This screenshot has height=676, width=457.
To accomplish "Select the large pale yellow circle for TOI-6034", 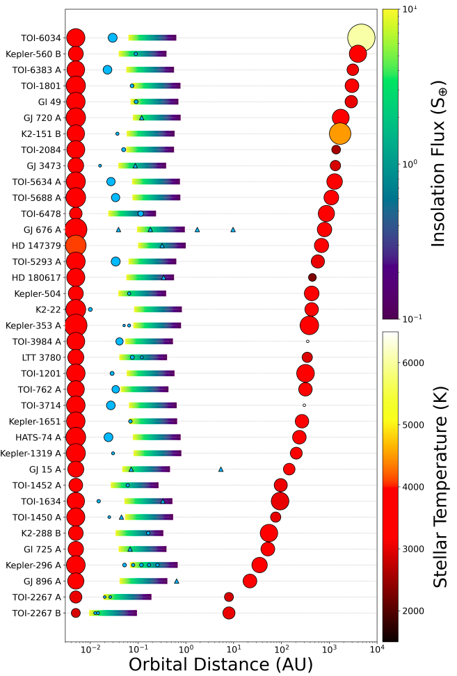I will (x=360, y=38).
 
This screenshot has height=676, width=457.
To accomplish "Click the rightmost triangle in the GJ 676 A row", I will (x=233, y=230).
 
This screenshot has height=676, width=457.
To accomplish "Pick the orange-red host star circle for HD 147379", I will (x=76, y=246).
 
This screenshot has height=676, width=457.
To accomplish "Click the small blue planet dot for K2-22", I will (x=90, y=309).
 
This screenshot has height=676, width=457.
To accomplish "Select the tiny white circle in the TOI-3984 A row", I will (x=307, y=341).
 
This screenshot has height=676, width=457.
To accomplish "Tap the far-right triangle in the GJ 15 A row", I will (x=221, y=469).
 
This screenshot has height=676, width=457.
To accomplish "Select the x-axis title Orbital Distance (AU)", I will (x=221, y=664).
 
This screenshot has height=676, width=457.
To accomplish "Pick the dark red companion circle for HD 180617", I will (x=312, y=277).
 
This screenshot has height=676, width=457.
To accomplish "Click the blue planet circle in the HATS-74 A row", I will (x=109, y=437).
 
